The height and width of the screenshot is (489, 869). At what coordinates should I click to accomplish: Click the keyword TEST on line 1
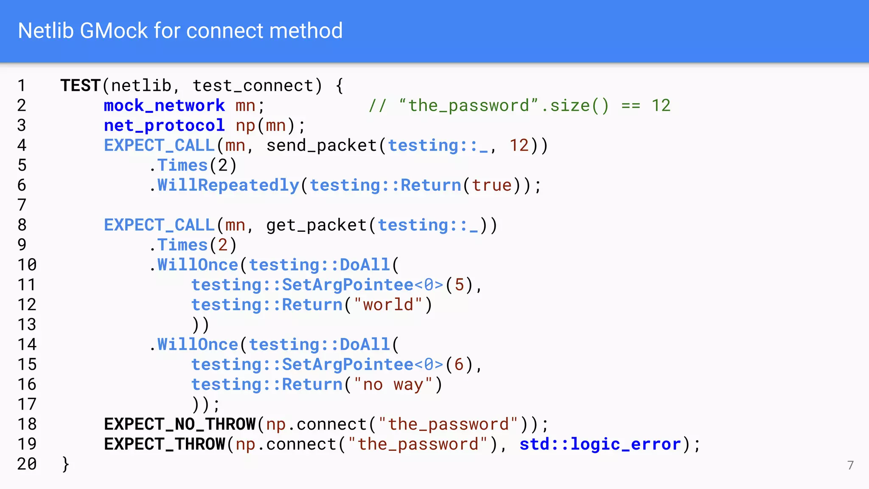[x=80, y=86]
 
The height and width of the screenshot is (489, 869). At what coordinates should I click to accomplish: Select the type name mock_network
[x=164, y=106]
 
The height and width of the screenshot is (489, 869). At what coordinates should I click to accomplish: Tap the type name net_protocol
[x=164, y=126]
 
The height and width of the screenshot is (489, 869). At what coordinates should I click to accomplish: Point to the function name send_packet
[x=321, y=146]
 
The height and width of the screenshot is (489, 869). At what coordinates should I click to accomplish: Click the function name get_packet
[x=316, y=225]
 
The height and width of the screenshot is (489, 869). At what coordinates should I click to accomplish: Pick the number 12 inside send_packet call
[x=519, y=146]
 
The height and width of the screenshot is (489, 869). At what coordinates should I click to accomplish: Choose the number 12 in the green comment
[x=661, y=106]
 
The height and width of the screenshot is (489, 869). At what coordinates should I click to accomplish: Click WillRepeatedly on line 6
[x=228, y=185]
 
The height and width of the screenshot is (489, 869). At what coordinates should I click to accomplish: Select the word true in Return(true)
[x=492, y=185]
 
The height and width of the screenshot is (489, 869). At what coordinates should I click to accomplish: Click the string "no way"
[x=393, y=385]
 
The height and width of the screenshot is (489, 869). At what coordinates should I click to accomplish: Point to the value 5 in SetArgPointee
[x=459, y=285]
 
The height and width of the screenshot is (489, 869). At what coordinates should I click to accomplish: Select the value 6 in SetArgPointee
[x=459, y=365]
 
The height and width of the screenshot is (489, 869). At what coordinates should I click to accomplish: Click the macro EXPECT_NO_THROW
[x=180, y=424]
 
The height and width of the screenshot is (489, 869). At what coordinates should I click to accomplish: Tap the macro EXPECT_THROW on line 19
[x=164, y=444]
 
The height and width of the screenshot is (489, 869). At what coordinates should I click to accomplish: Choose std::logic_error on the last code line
[x=600, y=444]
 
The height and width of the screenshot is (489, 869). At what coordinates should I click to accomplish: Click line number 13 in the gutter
[x=27, y=325]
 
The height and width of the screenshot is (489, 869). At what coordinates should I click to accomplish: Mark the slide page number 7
[x=850, y=465]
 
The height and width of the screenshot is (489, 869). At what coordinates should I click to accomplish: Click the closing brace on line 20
[x=65, y=464]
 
